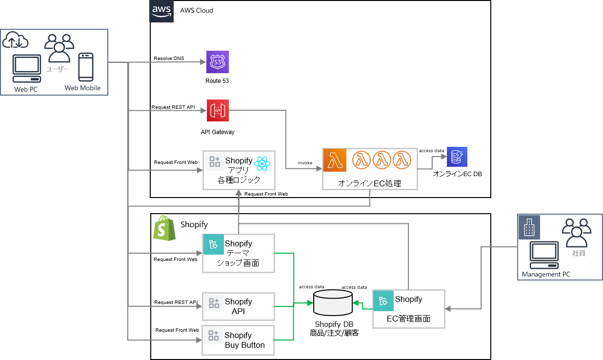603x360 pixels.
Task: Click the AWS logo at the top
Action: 161,11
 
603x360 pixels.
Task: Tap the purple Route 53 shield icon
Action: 217,62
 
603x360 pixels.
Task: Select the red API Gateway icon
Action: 218,111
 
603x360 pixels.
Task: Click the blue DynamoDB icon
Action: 457,157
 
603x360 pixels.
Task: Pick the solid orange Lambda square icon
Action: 335,160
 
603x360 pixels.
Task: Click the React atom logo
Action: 262,163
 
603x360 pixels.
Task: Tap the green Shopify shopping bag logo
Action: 164,228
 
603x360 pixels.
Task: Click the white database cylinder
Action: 333,302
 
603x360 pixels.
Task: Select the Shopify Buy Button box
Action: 239,340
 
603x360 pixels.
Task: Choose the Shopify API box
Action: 239,306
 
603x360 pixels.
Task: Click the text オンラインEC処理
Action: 369,183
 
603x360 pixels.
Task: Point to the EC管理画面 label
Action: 408,319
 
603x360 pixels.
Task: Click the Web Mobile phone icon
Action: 86,67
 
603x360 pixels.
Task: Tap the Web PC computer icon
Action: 27,68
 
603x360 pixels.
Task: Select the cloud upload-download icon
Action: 15,40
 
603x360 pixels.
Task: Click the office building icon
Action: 529,227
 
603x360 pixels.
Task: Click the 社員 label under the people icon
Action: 579,254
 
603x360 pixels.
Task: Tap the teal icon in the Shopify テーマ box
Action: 213,244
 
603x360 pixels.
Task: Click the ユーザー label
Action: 58,69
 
